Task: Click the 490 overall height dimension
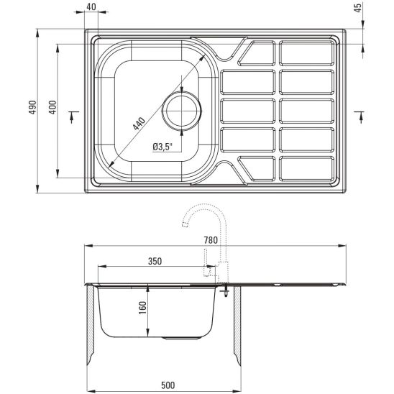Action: pos(32,107)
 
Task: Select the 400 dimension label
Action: pos(52,107)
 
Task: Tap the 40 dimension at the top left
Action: pos(91,6)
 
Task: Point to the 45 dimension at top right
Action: pos(359,7)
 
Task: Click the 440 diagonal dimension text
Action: pos(139,124)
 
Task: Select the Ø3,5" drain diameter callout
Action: pos(162,147)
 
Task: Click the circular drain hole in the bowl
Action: pos(182,111)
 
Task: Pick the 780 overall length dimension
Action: pos(211,240)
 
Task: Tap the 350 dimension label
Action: pos(155,261)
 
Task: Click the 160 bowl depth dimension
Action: pos(142,308)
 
